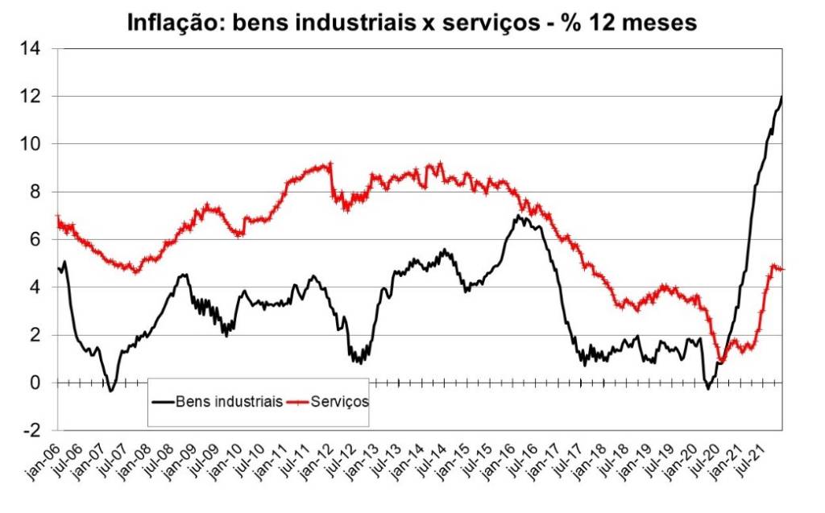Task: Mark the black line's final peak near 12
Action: pos(781,97)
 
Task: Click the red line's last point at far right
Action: pos(781,269)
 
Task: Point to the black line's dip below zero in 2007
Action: pos(111,391)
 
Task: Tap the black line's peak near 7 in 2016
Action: pos(519,216)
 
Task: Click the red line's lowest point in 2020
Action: pos(722,362)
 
